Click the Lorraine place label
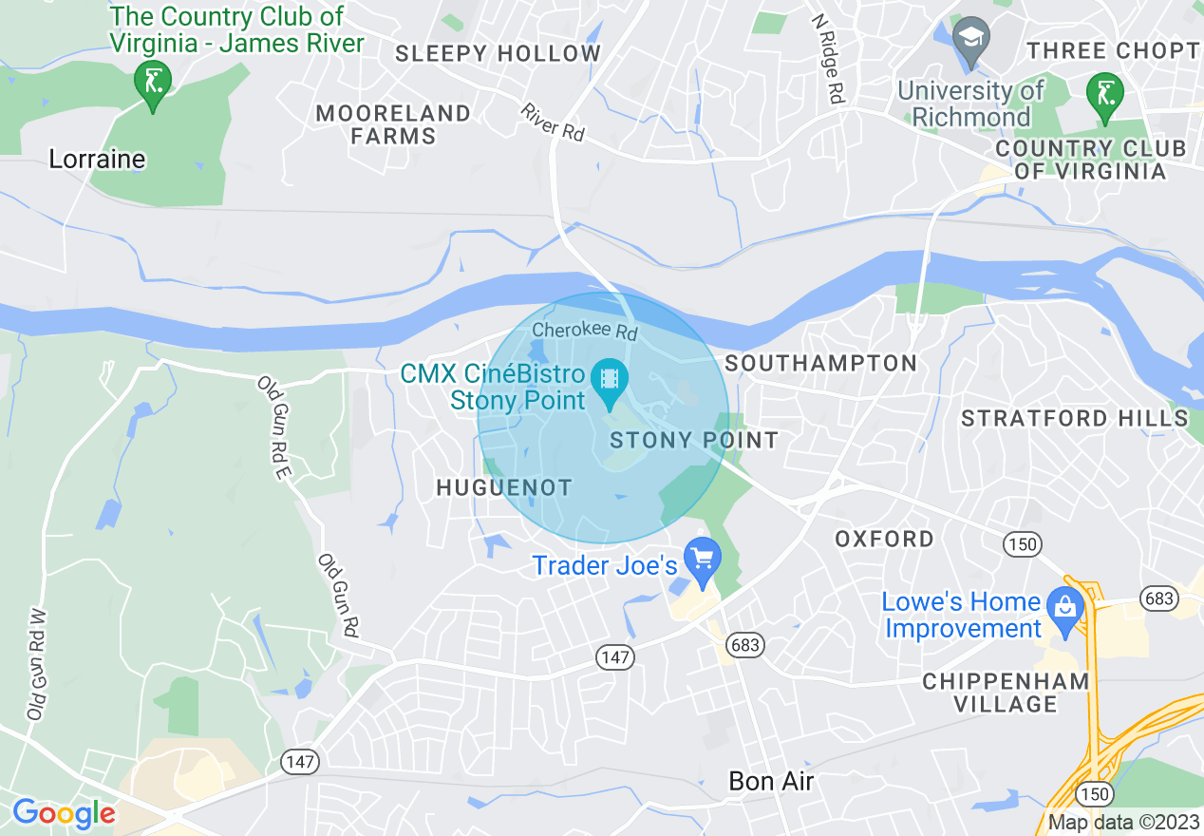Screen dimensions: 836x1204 pyautogui.click(x=97, y=159)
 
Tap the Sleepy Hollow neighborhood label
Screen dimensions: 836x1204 pyautogui.click(x=499, y=53)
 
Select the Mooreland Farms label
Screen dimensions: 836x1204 pyautogui.click(x=393, y=124)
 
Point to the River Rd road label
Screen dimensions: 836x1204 pyautogui.click(x=552, y=123)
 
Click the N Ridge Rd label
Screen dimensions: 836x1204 pyautogui.click(x=827, y=58)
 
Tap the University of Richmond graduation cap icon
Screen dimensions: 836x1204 pyautogui.click(x=971, y=38)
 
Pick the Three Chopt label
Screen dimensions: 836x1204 pyautogui.click(x=1113, y=50)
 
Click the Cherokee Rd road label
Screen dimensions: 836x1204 pyautogui.click(x=585, y=332)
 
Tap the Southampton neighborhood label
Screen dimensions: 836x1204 pyautogui.click(x=820, y=363)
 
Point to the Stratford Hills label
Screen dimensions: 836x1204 pyautogui.click(x=1073, y=418)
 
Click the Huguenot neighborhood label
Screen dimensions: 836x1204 pyautogui.click(x=503, y=487)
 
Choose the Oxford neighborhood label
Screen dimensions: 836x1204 pyautogui.click(x=884, y=539)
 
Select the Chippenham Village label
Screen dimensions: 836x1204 pyautogui.click(x=1006, y=693)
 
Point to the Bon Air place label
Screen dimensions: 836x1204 pyautogui.click(x=771, y=781)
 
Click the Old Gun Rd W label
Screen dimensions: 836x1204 pyautogui.click(x=37, y=665)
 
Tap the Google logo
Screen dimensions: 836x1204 pyautogui.click(x=64, y=813)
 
